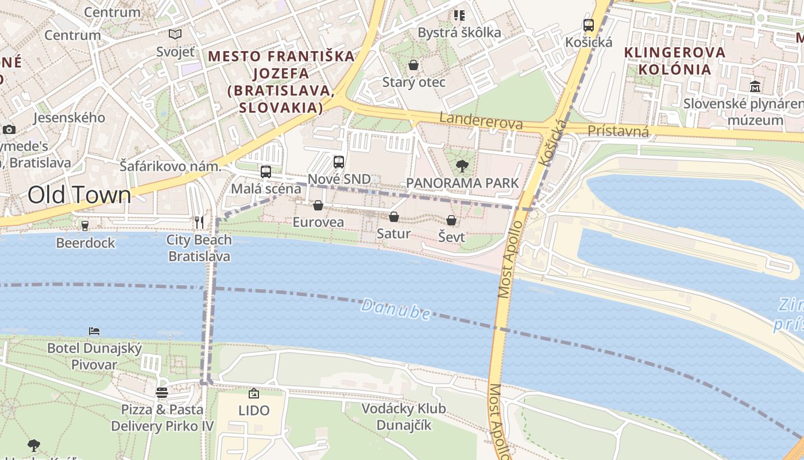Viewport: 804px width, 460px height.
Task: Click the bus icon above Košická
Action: point(589,25)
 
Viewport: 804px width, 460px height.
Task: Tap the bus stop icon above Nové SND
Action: point(339,162)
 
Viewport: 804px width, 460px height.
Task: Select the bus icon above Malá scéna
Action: point(265,171)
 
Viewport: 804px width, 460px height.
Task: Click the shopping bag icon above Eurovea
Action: point(318,205)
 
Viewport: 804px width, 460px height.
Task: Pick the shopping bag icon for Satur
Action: point(394,217)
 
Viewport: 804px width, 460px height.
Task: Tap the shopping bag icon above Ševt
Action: point(451,220)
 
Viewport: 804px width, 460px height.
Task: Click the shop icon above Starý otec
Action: point(413,65)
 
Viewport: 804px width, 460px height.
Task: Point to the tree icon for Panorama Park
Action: point(462,167)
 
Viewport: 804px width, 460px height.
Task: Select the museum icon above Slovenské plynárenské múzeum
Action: point(755,87)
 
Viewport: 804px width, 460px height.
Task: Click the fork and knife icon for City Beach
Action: point(199,223)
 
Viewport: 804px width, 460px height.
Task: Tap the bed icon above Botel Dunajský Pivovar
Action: point(94,331)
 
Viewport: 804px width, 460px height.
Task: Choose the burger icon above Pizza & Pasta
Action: point(162,393)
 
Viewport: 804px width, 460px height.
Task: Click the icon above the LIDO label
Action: point(253,393)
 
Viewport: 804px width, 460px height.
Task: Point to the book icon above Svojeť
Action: point(175,34)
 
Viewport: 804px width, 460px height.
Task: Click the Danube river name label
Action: point(396,309)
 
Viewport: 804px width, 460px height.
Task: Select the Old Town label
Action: point(79,195)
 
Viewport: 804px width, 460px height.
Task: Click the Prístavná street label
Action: point(618,132)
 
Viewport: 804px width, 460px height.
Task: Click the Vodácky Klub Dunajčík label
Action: point(403,417)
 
